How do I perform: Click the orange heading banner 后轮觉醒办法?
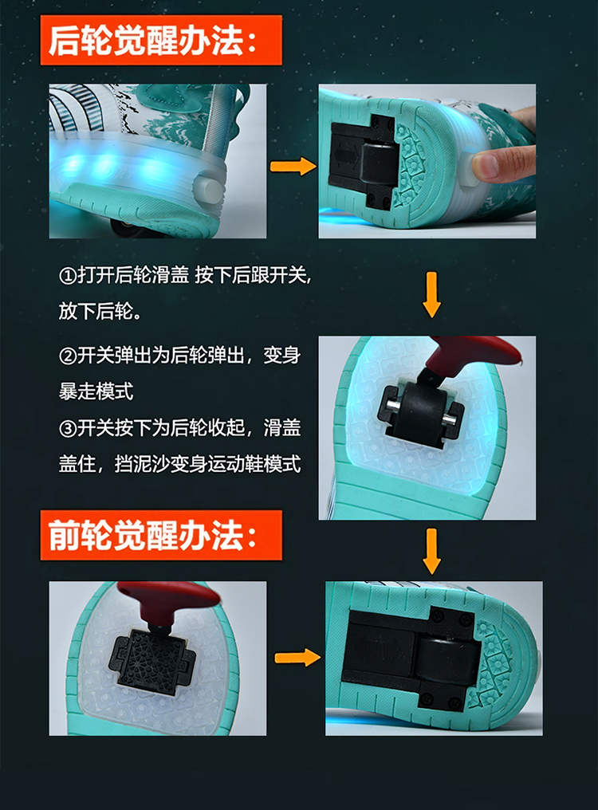(161, 41)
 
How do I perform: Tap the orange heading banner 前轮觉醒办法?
(161, 535)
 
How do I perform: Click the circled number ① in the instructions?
(68, 275)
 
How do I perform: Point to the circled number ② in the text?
(68, 356)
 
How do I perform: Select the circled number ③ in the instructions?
(68, 428)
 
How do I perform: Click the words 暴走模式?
(96, 391)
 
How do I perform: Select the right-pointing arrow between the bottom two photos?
(297, 658)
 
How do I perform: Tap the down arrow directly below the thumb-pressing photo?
(431, 295)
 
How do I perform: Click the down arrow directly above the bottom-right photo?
(431, 551)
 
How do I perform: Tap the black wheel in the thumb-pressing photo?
(380, 164)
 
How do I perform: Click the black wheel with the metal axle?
(421, 411)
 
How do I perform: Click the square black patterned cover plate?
(154, 659)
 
